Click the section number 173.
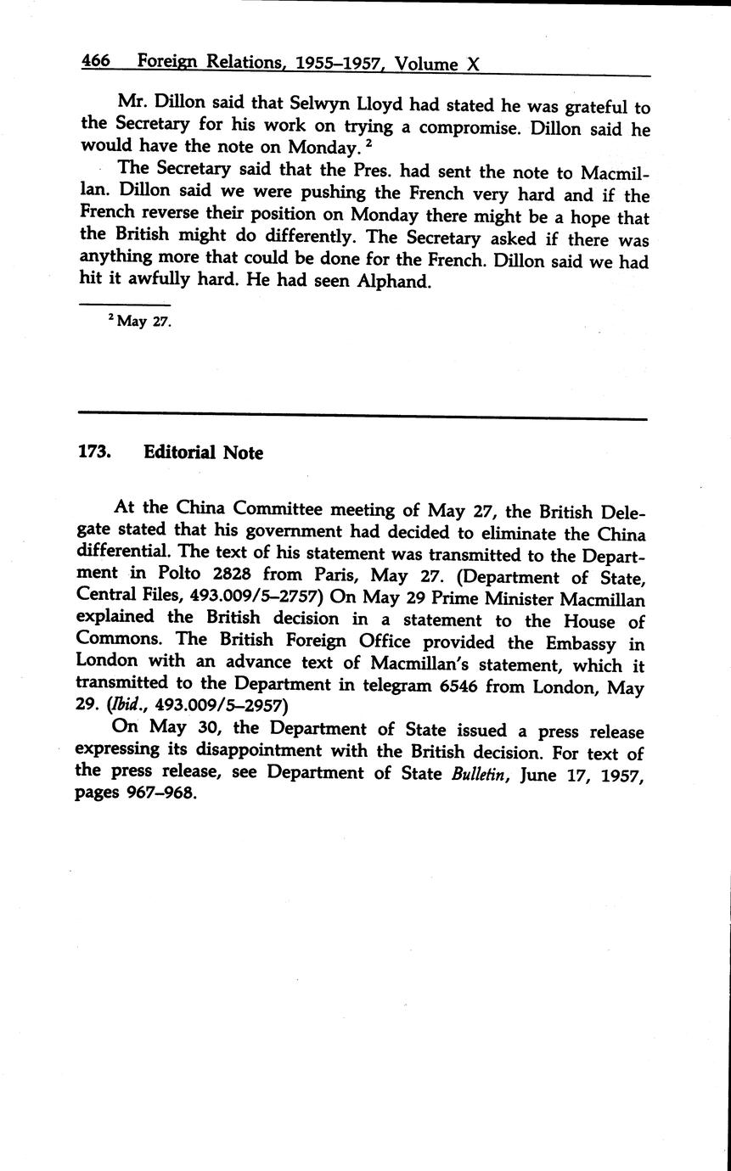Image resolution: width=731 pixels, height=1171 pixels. point(95,452)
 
